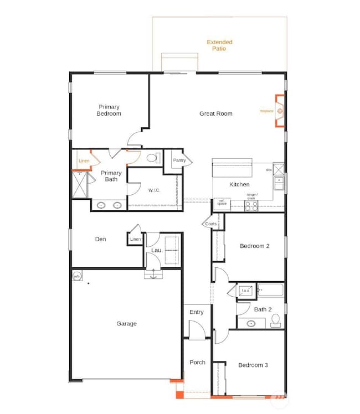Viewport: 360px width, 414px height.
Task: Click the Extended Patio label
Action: [219, 45]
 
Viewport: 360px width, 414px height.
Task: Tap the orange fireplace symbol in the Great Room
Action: [280, 111]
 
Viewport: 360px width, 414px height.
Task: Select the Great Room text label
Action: [216, 113]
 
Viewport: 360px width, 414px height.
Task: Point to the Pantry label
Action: [179, 160]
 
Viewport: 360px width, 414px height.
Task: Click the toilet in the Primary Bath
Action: [152, 158]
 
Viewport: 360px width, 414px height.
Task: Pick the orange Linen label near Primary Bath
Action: [84, 161]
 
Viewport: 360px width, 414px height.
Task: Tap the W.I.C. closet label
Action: [154, 190]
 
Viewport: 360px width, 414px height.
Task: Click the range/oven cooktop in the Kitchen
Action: [251, 205]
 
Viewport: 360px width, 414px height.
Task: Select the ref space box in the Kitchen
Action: [222, 203]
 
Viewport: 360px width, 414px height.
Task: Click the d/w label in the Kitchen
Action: [269, 170]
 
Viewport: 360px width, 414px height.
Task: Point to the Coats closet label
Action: [211, 224]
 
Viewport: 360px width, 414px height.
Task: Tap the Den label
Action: [100, 239]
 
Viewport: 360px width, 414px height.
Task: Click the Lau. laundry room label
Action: [157, 250]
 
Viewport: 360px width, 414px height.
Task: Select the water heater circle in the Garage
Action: [78, 275]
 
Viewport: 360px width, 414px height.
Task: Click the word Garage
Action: [126, 324]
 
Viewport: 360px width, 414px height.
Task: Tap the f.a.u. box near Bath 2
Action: [245, 291]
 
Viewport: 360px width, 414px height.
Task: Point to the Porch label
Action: [197, 363]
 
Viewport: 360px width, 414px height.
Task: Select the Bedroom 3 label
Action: [254, 365]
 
